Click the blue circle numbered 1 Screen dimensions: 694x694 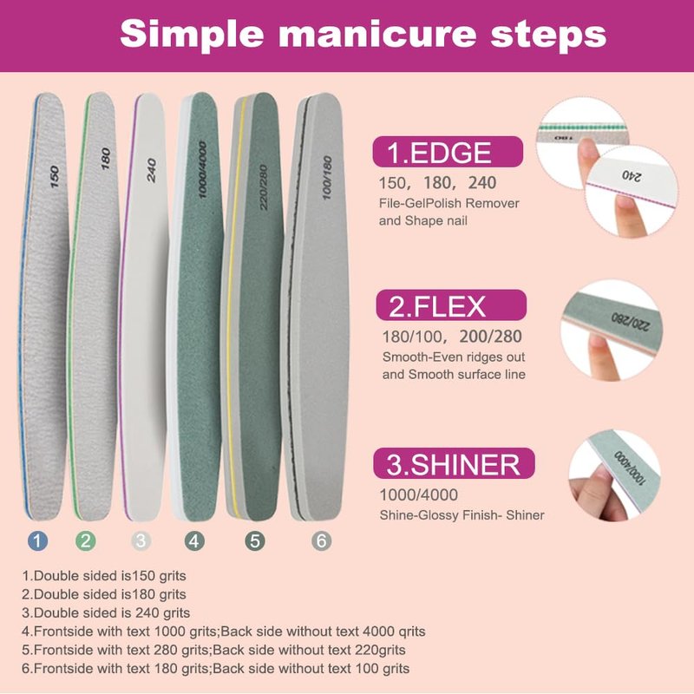(x=37, y=540)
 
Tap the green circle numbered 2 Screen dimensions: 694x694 (x=85, y=540)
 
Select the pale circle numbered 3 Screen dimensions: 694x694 (x=141, y=540)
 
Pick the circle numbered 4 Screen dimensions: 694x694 (x=194, y=540)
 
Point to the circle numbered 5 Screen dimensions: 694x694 (x=255, y=540)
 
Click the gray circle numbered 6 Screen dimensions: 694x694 (x=321, y=540)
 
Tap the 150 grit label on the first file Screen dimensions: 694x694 (x=55, y=177)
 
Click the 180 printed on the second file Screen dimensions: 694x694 (x=105, y=159)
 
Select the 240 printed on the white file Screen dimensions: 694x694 (x=152, y=170)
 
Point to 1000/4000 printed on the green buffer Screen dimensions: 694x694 (x=202, y=169)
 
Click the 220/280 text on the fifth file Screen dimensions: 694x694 (x=264, y=187)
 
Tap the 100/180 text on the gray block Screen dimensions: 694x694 (x=327, y=178)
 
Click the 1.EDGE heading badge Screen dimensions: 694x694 (x=448, y=152)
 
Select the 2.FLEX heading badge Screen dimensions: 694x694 (x=451, y=305)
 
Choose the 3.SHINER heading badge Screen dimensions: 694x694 (x=454, y=463)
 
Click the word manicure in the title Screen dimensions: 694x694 (x=377, y=34)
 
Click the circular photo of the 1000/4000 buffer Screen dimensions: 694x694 (x=614, y=475)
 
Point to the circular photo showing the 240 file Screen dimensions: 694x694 (x=632, y=191)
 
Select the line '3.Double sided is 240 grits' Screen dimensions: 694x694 (x=106, y=612)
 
